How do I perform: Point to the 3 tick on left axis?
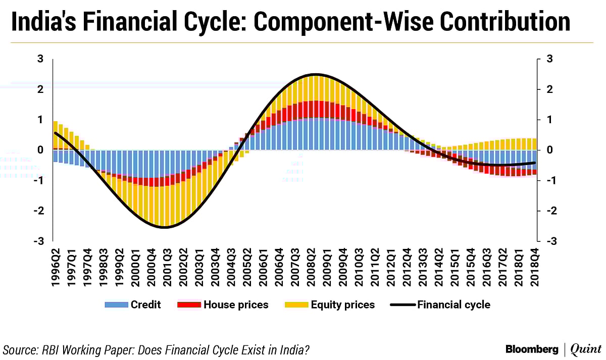pyautogui.click(x=40, y=60)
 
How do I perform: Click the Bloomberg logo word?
pyautogui.click(x=532, y=349)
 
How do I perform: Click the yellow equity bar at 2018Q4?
pyautogui.click(x=534, y=144)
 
